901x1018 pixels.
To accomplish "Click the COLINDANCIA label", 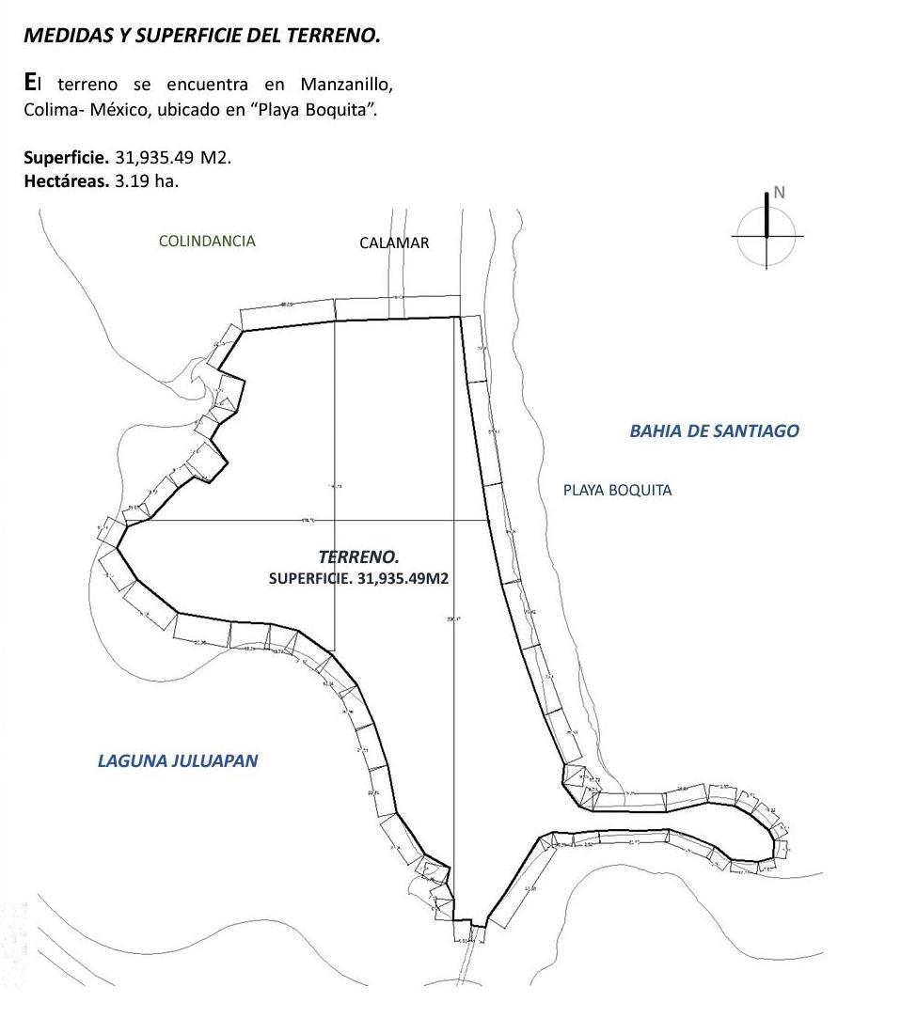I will point(207,241).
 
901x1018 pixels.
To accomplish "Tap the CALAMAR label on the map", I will point(394,243).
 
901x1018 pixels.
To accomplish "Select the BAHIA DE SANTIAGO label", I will point(714,431).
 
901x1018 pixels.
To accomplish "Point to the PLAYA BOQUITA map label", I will point(617,490).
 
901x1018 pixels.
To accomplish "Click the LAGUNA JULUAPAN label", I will point(178,760).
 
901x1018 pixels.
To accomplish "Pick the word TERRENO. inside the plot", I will point(358,557).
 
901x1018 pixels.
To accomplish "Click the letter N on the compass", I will point(779,193).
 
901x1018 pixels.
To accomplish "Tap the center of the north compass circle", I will point(767,235).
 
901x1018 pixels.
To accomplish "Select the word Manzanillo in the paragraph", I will point(347,85).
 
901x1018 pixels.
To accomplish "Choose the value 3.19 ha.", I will point(147,180).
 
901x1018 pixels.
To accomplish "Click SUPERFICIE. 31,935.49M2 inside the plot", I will point(358,578).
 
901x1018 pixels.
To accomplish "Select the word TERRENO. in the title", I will point(334,36).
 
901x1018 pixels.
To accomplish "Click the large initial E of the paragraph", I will point(30,83).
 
